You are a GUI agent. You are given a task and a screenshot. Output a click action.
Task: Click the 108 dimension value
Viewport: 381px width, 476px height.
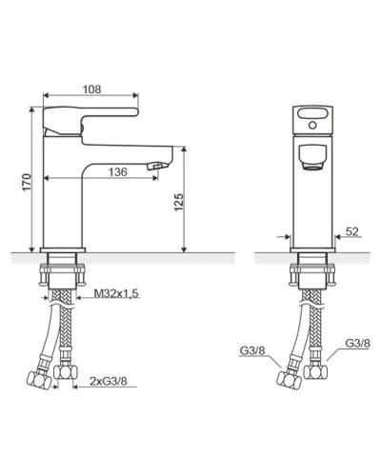[91, 89]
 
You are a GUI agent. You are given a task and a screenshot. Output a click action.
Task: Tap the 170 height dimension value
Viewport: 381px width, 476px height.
[27, 182]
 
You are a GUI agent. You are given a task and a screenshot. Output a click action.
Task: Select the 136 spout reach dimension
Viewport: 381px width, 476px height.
[118, 172]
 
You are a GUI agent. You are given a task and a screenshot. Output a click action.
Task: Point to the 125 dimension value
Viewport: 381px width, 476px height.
[179, 202]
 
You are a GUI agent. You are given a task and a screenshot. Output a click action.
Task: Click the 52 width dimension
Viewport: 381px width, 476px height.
[351, 231]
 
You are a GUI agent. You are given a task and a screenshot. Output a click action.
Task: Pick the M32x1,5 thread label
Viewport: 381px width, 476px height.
[116, 294]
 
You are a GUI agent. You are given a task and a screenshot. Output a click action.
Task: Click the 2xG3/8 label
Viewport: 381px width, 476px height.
[109, 381]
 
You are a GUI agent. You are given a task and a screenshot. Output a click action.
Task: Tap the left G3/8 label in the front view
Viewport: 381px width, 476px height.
[251, 350]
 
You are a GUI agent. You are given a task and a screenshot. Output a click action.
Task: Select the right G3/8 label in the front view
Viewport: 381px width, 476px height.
[357, 343]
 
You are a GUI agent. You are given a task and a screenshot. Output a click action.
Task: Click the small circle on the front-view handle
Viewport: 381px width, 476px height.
[312, 126]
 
